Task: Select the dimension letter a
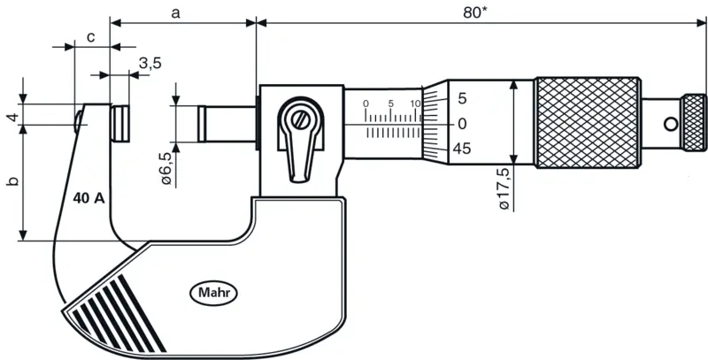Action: [175, 13]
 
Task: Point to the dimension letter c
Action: [91, 37]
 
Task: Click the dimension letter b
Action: [13, 181]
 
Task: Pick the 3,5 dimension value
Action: [150, 64]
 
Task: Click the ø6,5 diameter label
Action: [165, 168]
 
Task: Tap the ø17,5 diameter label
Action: [504, 188]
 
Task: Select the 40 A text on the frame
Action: [88, 198]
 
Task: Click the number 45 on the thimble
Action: [461, 149]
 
